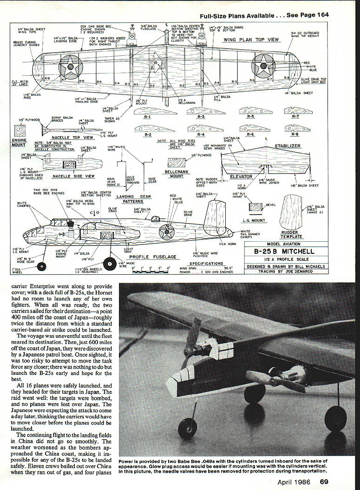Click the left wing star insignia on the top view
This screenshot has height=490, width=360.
71,67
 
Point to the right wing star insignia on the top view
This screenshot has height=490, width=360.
263,66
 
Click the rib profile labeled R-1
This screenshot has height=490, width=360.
147,112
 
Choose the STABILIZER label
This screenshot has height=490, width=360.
288,146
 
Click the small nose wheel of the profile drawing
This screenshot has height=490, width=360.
41,266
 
